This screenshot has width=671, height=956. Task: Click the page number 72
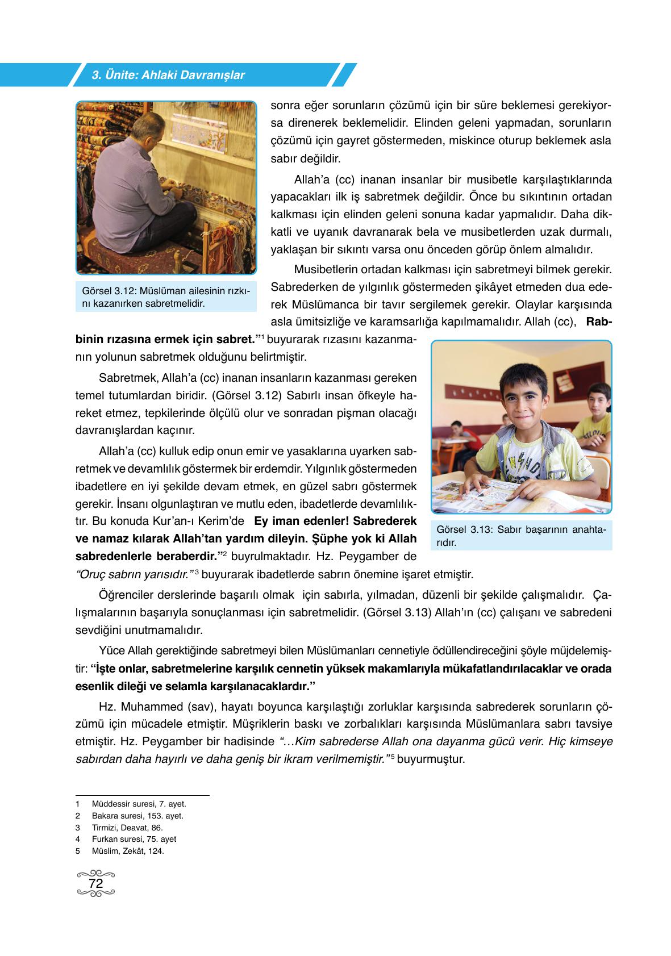96,884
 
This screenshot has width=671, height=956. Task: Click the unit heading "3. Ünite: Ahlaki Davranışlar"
168,75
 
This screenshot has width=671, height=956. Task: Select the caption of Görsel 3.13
521,536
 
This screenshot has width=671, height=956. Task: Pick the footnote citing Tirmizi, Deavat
127,828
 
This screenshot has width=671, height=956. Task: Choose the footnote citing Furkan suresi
134,839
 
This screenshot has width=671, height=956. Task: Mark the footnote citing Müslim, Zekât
127,851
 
